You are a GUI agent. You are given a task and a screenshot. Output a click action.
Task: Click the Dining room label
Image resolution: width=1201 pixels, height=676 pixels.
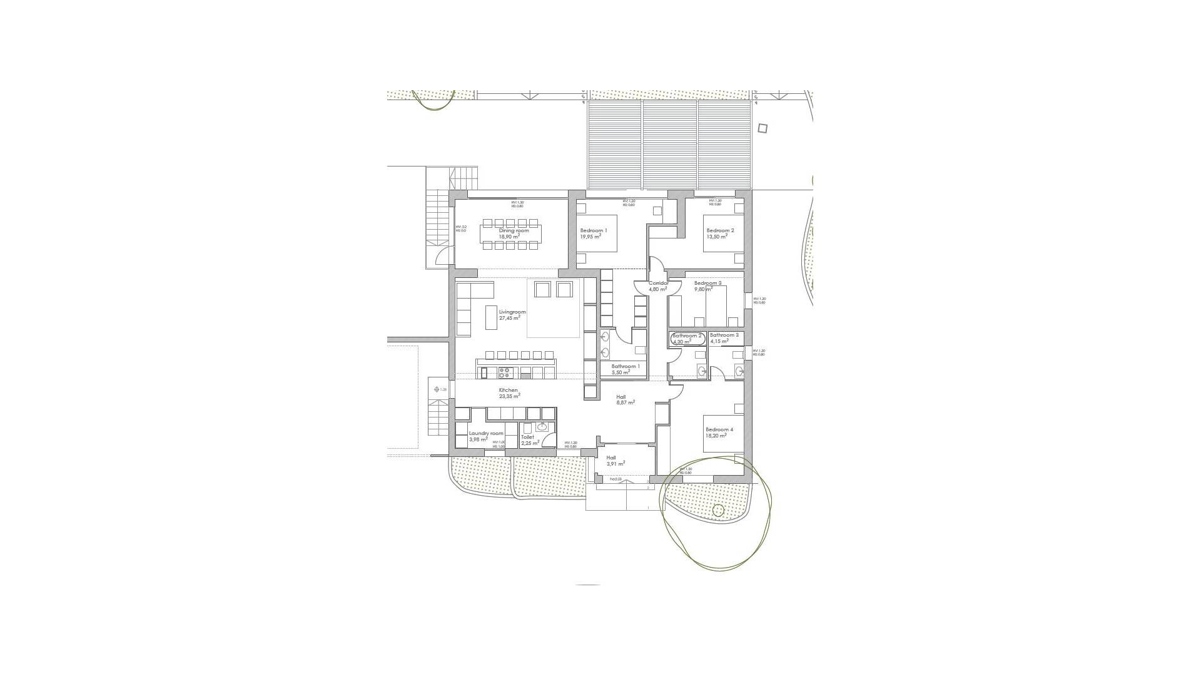(x=514, y=230)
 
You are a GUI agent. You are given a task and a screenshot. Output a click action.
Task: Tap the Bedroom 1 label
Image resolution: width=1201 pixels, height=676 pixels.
(x=593, y=230)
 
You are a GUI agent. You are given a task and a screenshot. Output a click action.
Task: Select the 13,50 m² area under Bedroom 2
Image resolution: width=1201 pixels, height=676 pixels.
(x=717, y=237)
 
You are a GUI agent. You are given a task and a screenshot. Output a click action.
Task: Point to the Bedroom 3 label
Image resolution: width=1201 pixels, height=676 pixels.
(x=707, y=283)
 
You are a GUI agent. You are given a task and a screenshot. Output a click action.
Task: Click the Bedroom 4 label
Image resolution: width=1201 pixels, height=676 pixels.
(x=719, y=429)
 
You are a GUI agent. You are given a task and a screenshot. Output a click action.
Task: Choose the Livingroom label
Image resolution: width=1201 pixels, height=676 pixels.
(x=512, y=312)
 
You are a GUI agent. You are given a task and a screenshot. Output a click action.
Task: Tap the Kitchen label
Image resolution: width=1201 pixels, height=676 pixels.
(x=509, y=390)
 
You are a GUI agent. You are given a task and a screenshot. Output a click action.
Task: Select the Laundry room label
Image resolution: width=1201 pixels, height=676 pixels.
(x=486, y=433)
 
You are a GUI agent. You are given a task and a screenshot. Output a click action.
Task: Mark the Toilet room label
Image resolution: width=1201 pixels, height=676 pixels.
(x=527, y=437)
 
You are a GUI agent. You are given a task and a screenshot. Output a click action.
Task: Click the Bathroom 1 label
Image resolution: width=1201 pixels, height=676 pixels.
(x=626, y=366)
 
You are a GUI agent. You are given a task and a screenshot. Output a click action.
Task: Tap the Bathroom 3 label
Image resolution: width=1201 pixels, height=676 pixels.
(x=724, y=335)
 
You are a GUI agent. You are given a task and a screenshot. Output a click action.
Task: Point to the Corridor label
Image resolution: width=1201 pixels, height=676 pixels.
(x=658, y=283)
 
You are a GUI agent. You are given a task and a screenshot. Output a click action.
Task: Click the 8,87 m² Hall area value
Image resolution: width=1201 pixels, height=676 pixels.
(x=626, y=403)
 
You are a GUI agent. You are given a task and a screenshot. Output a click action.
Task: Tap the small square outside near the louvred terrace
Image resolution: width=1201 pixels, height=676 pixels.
(x=762, y=128)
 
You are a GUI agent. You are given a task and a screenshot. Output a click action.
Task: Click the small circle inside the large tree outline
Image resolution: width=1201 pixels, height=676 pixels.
(x=718, y=511)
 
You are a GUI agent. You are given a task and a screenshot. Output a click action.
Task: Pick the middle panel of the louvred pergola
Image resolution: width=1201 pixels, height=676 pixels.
(x=669, y=145)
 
